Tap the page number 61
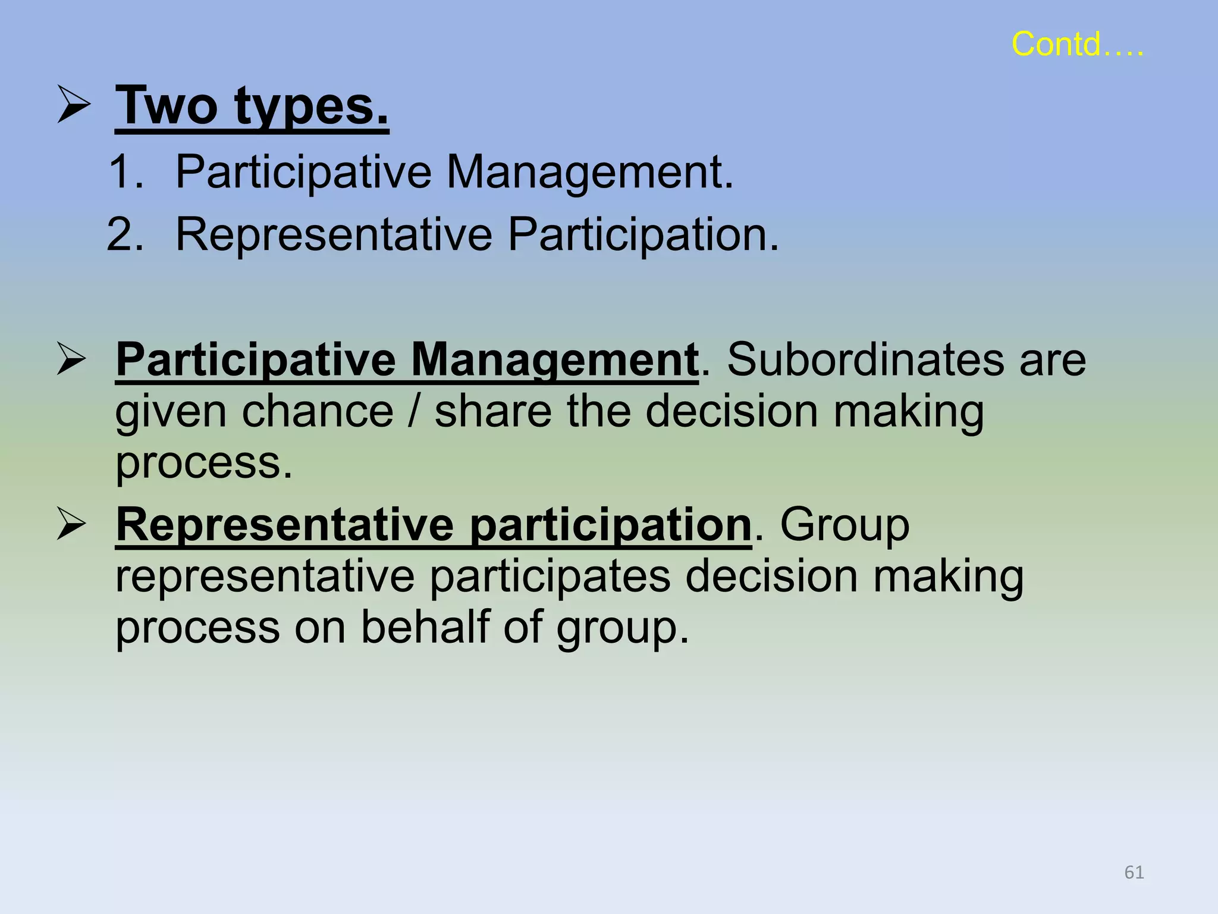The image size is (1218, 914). pyautogui.click(x=1134, y=872)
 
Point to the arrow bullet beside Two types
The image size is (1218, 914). pyautogui.click(x=74, y=104)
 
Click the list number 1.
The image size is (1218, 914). pyautogui.click(x=126, y=172)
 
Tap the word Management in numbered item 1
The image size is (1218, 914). pyautogui.click(x=590, y=172)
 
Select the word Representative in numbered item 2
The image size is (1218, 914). pyautogui.click(x=334, y=234)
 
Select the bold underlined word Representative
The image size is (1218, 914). pyautogui.click(x=285, y=525)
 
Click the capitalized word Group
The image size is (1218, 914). pyautogui.click(x=845, y=525)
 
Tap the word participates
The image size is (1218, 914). pyautogui.click(x=550, y=577)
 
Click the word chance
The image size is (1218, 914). pyautogui.click(x=318, y=411)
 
